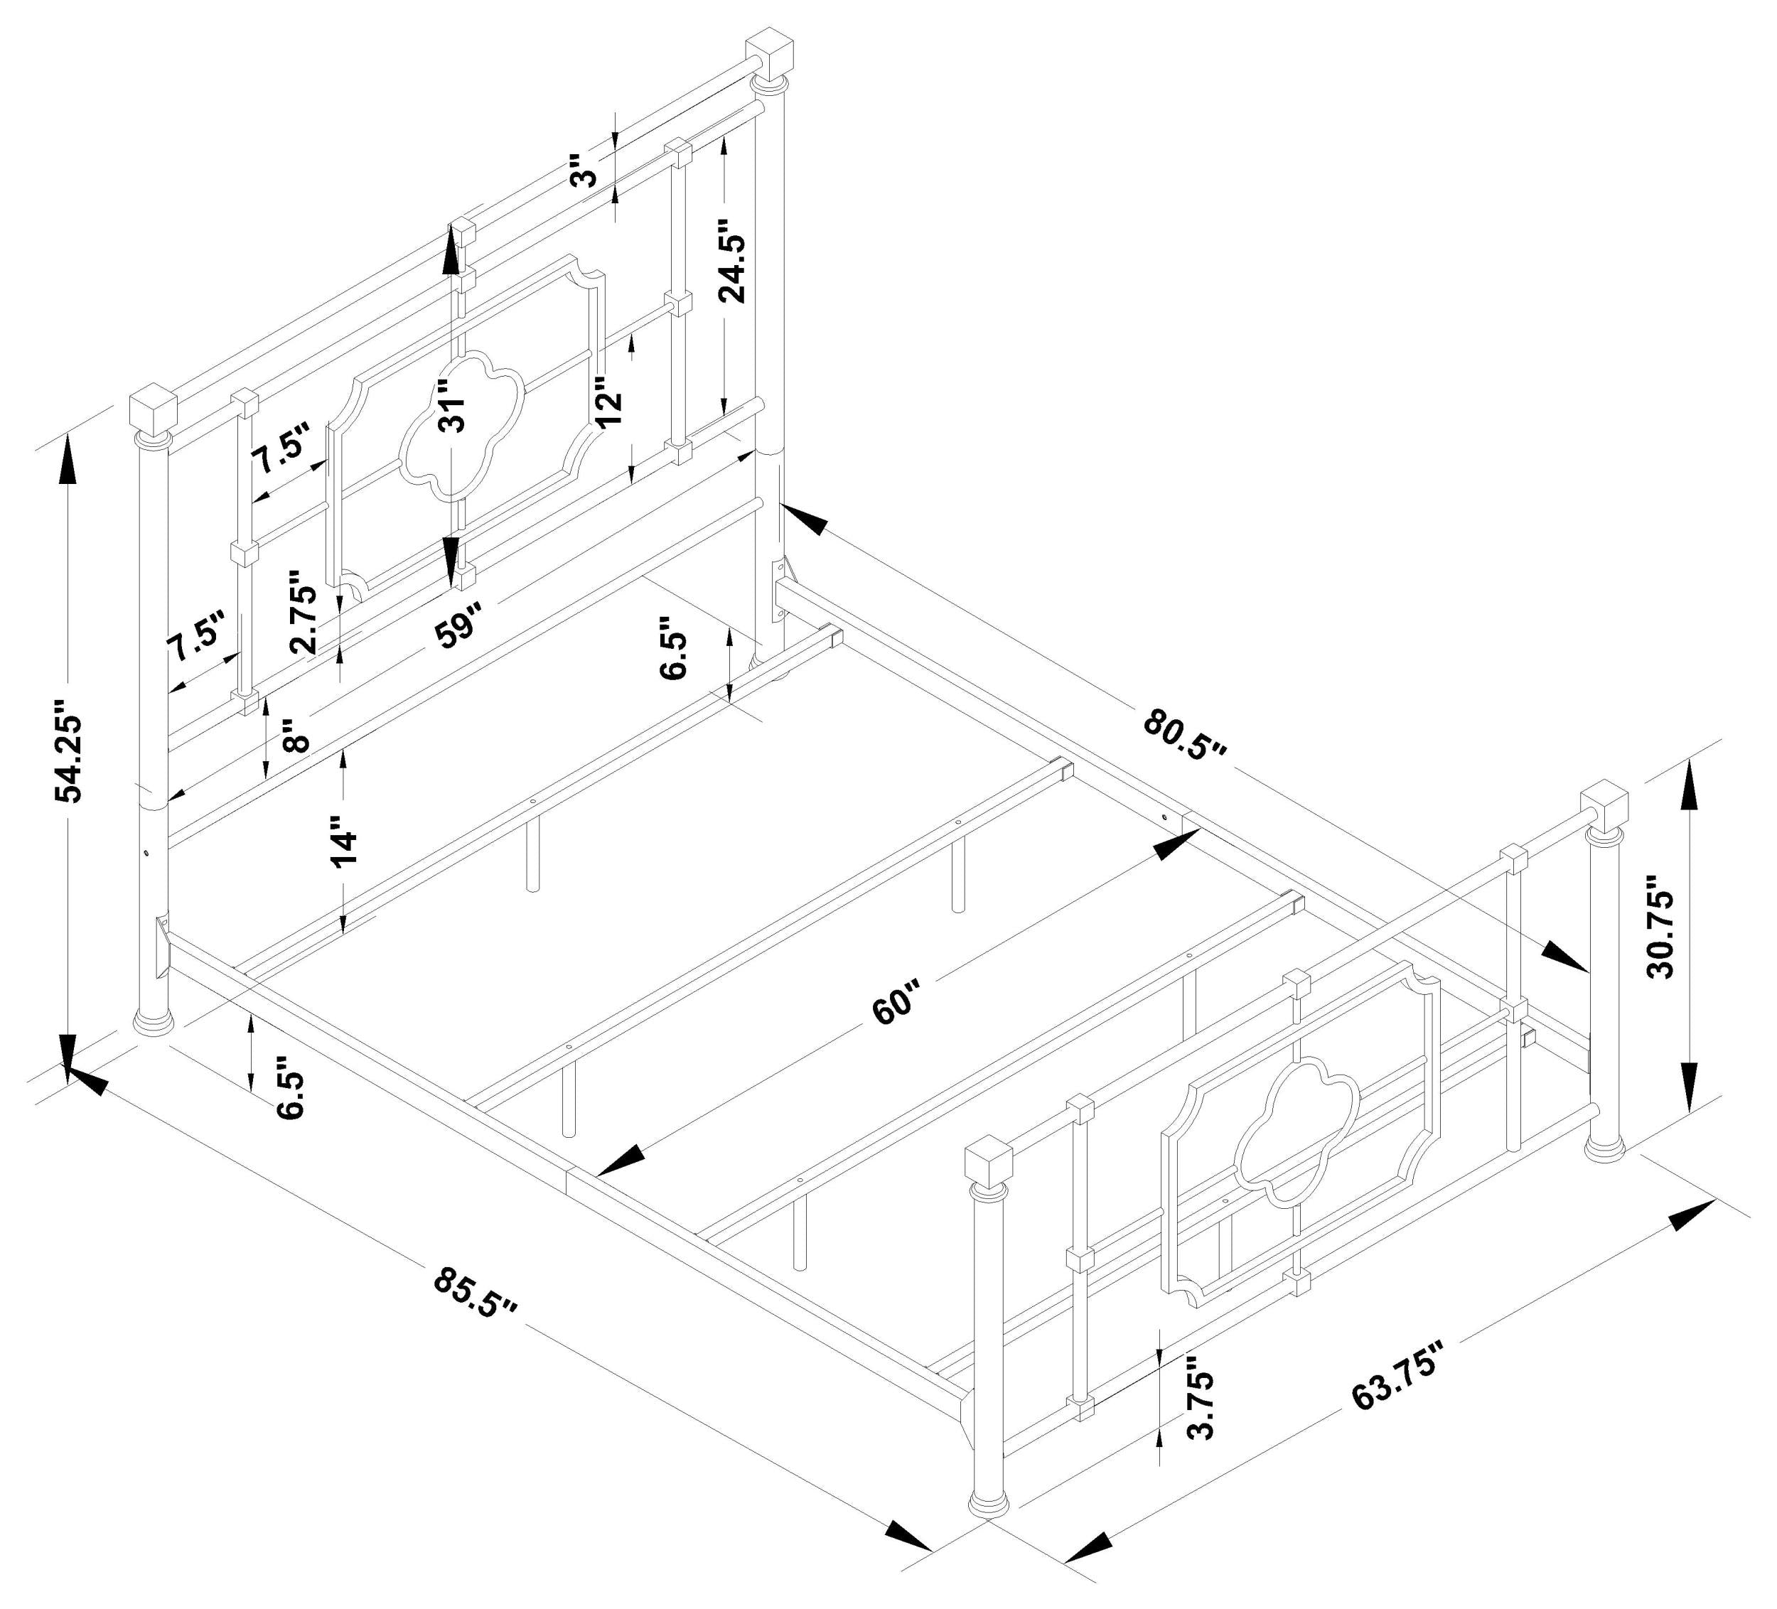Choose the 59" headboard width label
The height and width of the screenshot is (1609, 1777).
coord(459,625)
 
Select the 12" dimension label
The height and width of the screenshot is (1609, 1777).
coord(608,403)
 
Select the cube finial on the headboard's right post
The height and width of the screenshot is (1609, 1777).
coord(770,55)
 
